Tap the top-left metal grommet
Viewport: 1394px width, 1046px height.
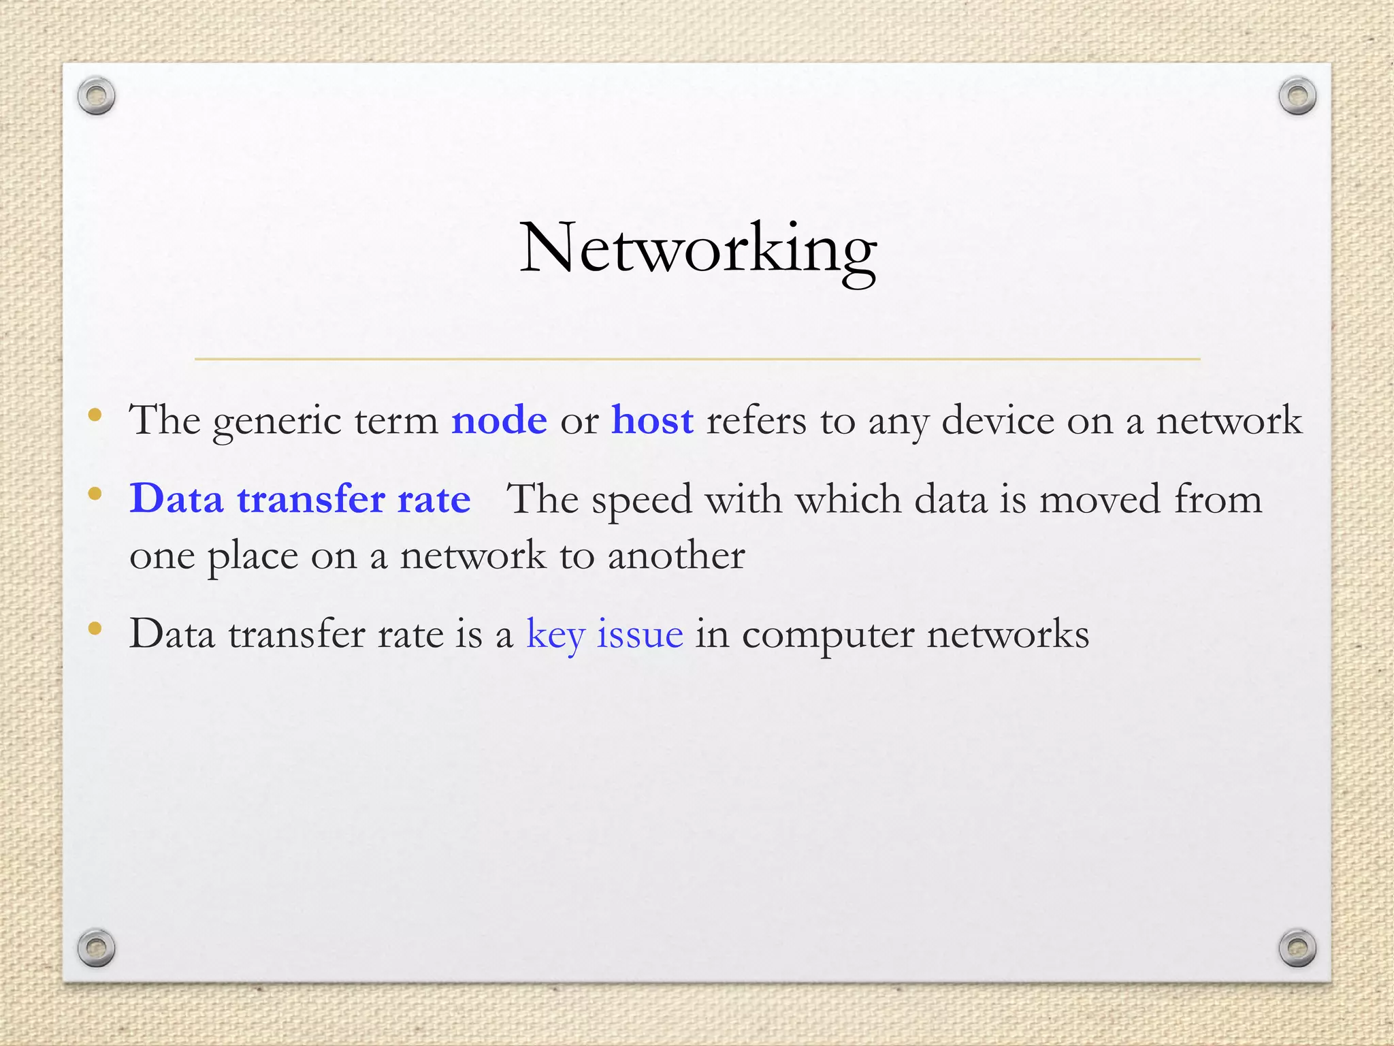[x=96, y=96]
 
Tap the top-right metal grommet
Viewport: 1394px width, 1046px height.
[x=1297, y=96]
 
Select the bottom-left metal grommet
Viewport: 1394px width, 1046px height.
[x=96, y=947]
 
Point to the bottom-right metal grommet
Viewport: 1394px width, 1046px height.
[x=1297, y=947]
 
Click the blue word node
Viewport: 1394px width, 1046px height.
[x=499, y=420]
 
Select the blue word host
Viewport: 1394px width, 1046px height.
[x=652, y=420]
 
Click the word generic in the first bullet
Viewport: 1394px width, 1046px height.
[x=277, y=422]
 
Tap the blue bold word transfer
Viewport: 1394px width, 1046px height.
[x=312, y=499]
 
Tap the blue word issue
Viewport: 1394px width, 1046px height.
[x=640, y=635]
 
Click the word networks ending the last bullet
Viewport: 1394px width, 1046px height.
[x=1008, y=635]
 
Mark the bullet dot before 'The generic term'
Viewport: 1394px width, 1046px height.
[x=95, y=414]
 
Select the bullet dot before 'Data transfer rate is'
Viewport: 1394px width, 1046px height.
[x=95, y=628]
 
